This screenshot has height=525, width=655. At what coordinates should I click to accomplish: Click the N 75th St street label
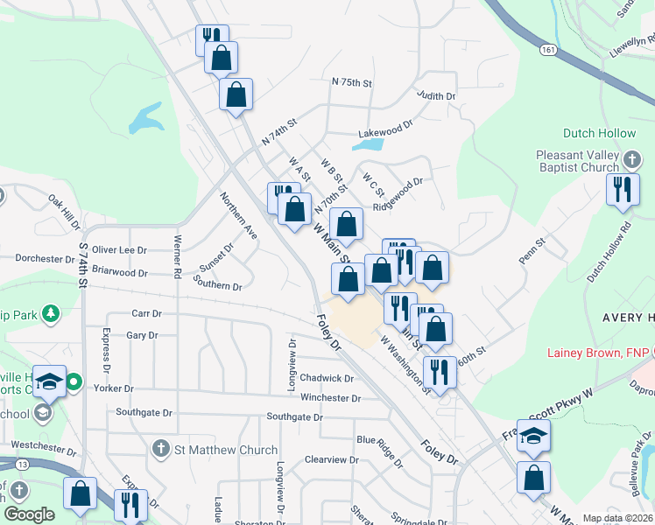[x=352, y=82]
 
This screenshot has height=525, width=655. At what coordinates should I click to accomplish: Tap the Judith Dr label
[x=436, y=95]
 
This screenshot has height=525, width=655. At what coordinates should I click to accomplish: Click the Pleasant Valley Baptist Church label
[x=577, y=161]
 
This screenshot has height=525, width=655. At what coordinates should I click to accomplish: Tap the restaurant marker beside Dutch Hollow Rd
[x=622, y=189]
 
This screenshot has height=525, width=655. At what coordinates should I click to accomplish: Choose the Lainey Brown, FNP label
[x=598, y=353]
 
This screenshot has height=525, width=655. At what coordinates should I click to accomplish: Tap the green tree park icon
[x=52, y=311]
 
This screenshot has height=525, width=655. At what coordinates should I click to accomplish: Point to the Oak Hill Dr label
[x=64, y=210]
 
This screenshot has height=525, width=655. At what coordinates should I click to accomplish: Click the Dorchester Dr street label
[x=46, y=259]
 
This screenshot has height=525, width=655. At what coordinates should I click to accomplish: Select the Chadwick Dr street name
[x=326, y=379]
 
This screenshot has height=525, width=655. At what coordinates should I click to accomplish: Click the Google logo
[x=30, y=514]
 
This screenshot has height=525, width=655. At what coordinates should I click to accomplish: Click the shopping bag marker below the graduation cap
[x=532, y=479]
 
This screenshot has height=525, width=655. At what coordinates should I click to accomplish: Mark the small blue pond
[x=145, y=119]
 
